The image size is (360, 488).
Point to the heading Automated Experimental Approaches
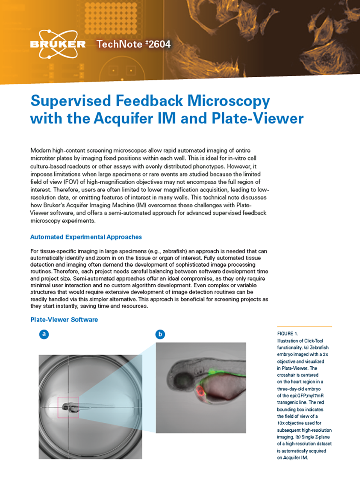click(x=86, y=237)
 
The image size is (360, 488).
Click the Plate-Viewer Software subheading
click(x=64, y=320)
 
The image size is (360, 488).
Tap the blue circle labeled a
click(x=44, y=334)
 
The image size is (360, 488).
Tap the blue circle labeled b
click(x=160, y=334)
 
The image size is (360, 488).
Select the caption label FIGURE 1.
click(x=287, y=333)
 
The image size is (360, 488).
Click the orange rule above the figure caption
click(x=304, y=326)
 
